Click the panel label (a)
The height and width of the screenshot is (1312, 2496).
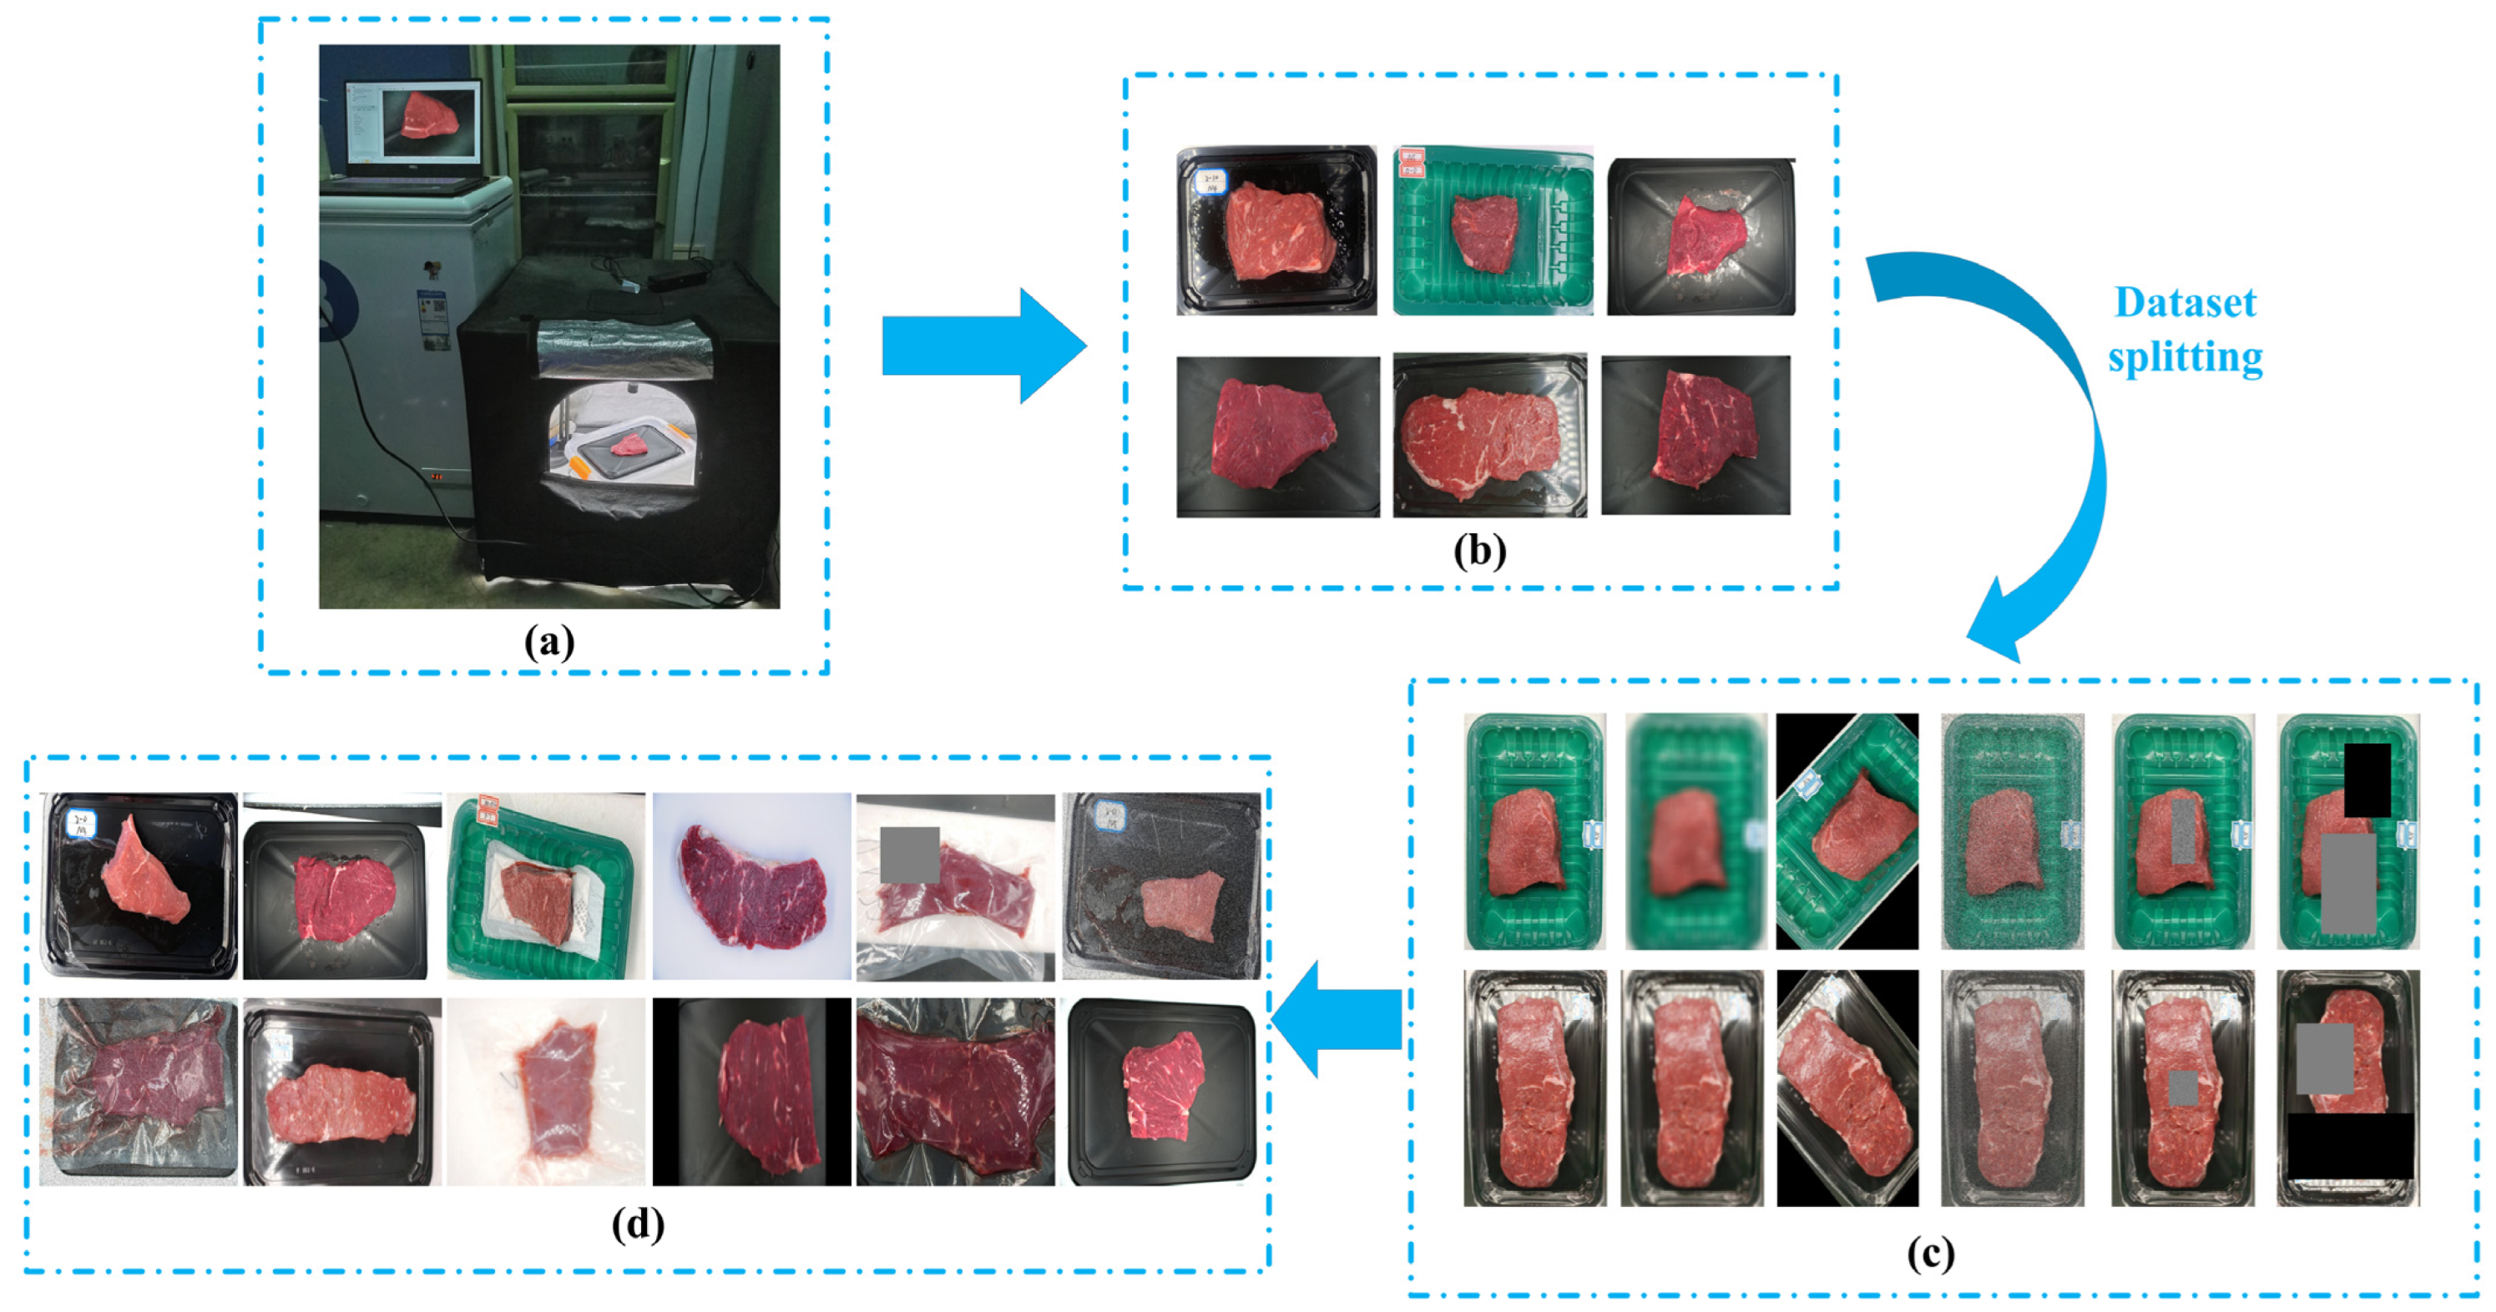[548, 642]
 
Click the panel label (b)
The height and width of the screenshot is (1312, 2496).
[1479, 550]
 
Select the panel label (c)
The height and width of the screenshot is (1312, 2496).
[1930, 1254]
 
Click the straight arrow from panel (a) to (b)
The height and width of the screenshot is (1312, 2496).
[983, 346]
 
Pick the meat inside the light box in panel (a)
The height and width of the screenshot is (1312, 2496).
[629, 445]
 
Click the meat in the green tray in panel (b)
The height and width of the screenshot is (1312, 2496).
[1483, 233]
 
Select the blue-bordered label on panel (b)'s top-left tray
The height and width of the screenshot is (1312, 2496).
[1211, 181]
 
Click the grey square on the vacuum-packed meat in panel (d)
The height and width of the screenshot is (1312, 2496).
[909, 855]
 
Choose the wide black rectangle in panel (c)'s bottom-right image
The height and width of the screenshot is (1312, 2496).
[2350, 1145]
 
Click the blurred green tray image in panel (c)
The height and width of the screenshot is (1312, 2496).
[1693, 831]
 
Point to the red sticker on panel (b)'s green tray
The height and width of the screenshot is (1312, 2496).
[1412, 163]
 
